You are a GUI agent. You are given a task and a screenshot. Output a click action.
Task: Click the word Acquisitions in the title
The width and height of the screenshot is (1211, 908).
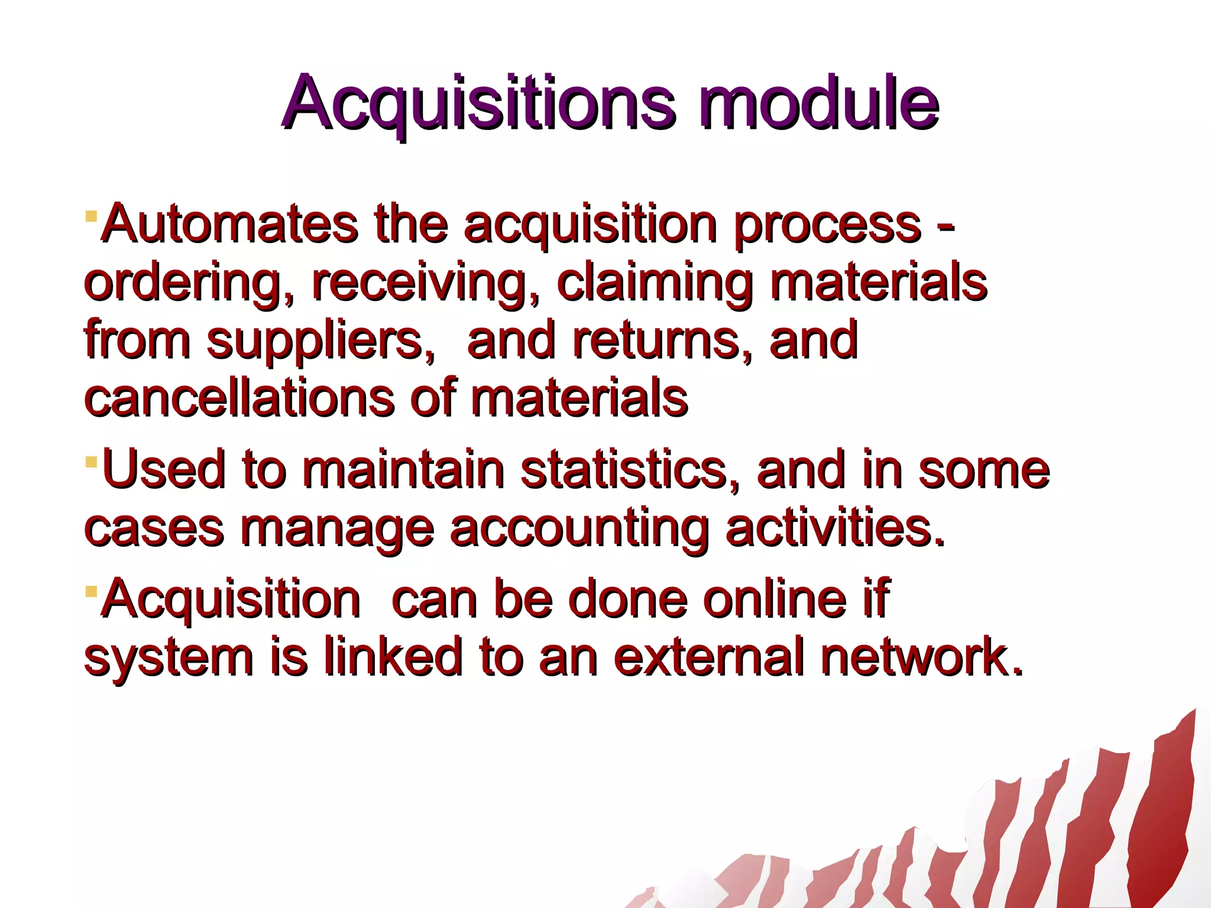click(x=478, y=103)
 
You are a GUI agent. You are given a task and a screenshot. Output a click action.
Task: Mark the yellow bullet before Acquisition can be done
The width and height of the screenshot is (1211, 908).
click(x=90, y=591)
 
